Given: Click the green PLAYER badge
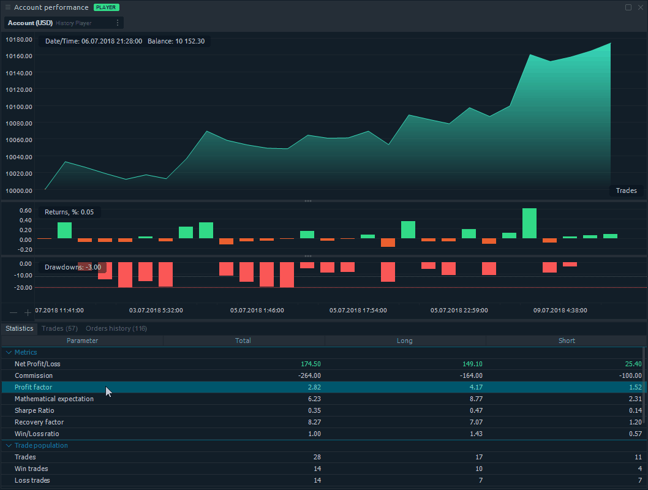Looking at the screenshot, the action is (106, 7).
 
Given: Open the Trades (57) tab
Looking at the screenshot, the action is (59, 328).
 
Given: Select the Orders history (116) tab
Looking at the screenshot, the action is (116, 328).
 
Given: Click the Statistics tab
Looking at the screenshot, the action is (20, 328).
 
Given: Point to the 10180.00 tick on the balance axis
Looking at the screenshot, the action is (19, 39).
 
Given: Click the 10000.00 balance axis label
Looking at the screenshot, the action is (19, 190).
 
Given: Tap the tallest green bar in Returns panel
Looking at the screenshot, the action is (529, 223).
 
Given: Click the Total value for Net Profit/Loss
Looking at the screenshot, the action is (311, 364).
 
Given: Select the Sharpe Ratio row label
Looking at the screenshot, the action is (34, 410).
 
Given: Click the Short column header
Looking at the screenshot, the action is (567, 341).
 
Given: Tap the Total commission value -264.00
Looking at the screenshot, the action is (309, 375).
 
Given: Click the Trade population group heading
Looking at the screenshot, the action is (41, 445).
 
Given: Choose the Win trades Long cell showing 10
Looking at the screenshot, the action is (478, 469).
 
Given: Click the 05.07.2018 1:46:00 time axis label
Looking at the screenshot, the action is (257, 311).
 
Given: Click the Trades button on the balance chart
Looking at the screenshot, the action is (626, 190).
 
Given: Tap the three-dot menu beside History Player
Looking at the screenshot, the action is (118, 23).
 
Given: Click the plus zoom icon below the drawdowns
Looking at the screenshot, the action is (28, 313).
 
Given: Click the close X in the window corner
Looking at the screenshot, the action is (640, 7).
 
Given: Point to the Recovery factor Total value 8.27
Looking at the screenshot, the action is (314, 422).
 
